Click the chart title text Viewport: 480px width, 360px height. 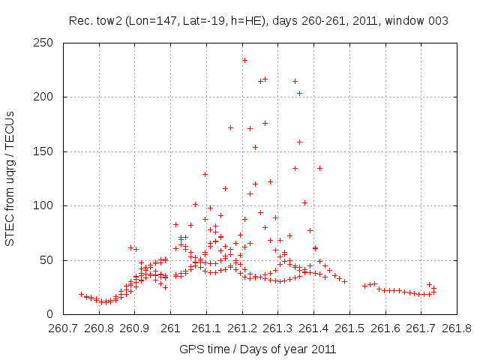pyautogui.click(x=259, y=21)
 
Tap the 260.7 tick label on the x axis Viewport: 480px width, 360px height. pyautogui.click(x=63, y=328)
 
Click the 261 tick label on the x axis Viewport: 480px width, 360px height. pyautogui.click(x=170, y=328)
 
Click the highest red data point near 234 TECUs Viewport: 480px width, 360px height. pyautogui.click(x=244, y=60)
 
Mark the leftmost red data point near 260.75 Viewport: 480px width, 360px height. pyautogui.click(x=81, y=294)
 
